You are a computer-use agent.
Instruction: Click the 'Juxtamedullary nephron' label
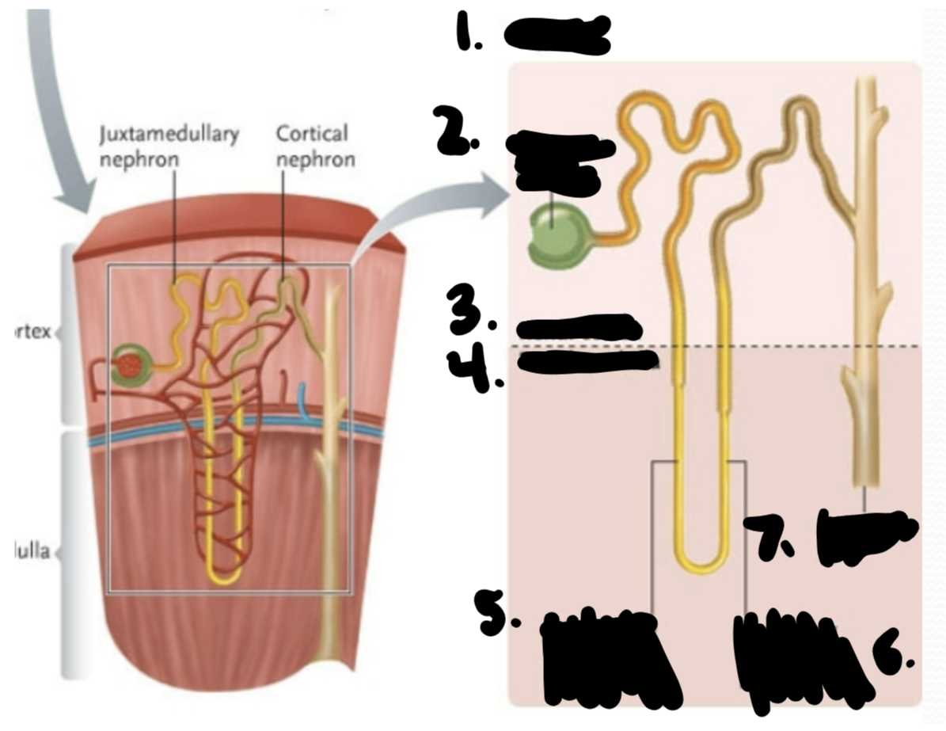coord(169,146)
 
